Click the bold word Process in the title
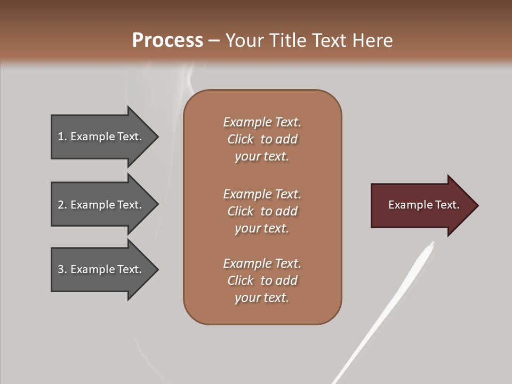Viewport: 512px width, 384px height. pos(167,41)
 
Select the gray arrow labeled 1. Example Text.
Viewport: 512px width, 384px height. pos(101,137)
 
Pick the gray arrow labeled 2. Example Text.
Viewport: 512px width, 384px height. pos(101,205)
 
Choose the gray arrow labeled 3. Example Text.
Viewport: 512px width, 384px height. pos(101,270)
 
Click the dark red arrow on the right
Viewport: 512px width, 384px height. pos(421,205)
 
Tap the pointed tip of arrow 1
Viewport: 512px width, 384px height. pos(157,137)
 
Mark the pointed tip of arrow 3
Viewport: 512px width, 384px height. pos(157,270)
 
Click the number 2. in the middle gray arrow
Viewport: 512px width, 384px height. pos(62,205)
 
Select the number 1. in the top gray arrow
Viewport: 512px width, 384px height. pos(62,137)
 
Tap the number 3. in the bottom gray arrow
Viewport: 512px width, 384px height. pos(62,269)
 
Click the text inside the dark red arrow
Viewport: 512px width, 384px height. pos(423,205)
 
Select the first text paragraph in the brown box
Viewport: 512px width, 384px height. pos(262,139)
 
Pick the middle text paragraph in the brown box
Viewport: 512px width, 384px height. pos(262,211)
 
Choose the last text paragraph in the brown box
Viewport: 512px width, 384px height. pos(262,281)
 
